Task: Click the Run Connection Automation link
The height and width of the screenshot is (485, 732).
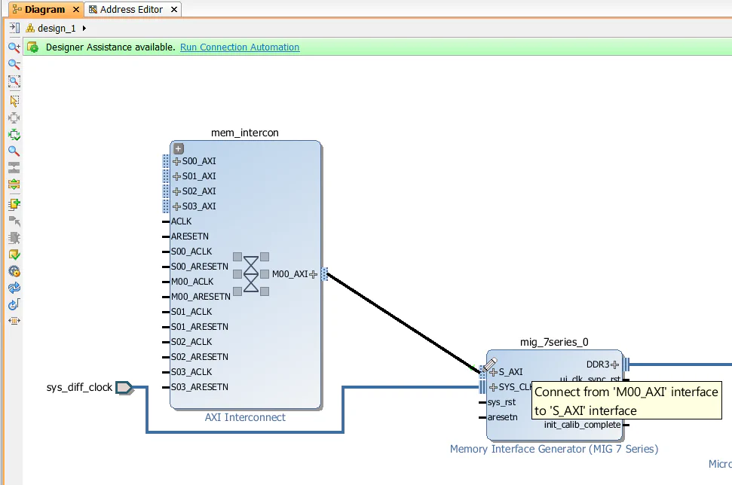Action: (240, 47)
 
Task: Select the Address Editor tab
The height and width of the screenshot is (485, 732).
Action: (132, 10)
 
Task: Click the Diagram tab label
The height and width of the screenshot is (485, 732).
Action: (44, 10)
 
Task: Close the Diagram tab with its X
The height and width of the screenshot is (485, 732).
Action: (76, 10)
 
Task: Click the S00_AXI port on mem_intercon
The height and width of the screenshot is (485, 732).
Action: (198, 161)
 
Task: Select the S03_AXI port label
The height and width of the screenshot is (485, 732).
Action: (198, 206)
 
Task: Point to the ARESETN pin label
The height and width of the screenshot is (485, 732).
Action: (189, 236)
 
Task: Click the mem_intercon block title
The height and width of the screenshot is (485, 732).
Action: (245, 133)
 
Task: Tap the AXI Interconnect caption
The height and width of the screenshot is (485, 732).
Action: (245, 417)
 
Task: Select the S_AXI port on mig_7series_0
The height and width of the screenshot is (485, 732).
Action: (510, 372)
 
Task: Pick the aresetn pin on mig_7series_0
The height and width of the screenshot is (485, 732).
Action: (503, 417)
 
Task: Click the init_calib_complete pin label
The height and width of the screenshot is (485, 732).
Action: (582, 425)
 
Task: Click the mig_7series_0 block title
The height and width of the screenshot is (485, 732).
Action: (554, 342)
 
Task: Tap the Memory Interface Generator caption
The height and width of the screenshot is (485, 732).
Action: (554, 449)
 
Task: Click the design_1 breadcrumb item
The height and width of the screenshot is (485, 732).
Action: (57, 28)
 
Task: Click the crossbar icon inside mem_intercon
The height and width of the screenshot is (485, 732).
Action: (251, 274)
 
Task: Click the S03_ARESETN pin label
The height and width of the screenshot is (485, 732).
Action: (199, 387)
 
